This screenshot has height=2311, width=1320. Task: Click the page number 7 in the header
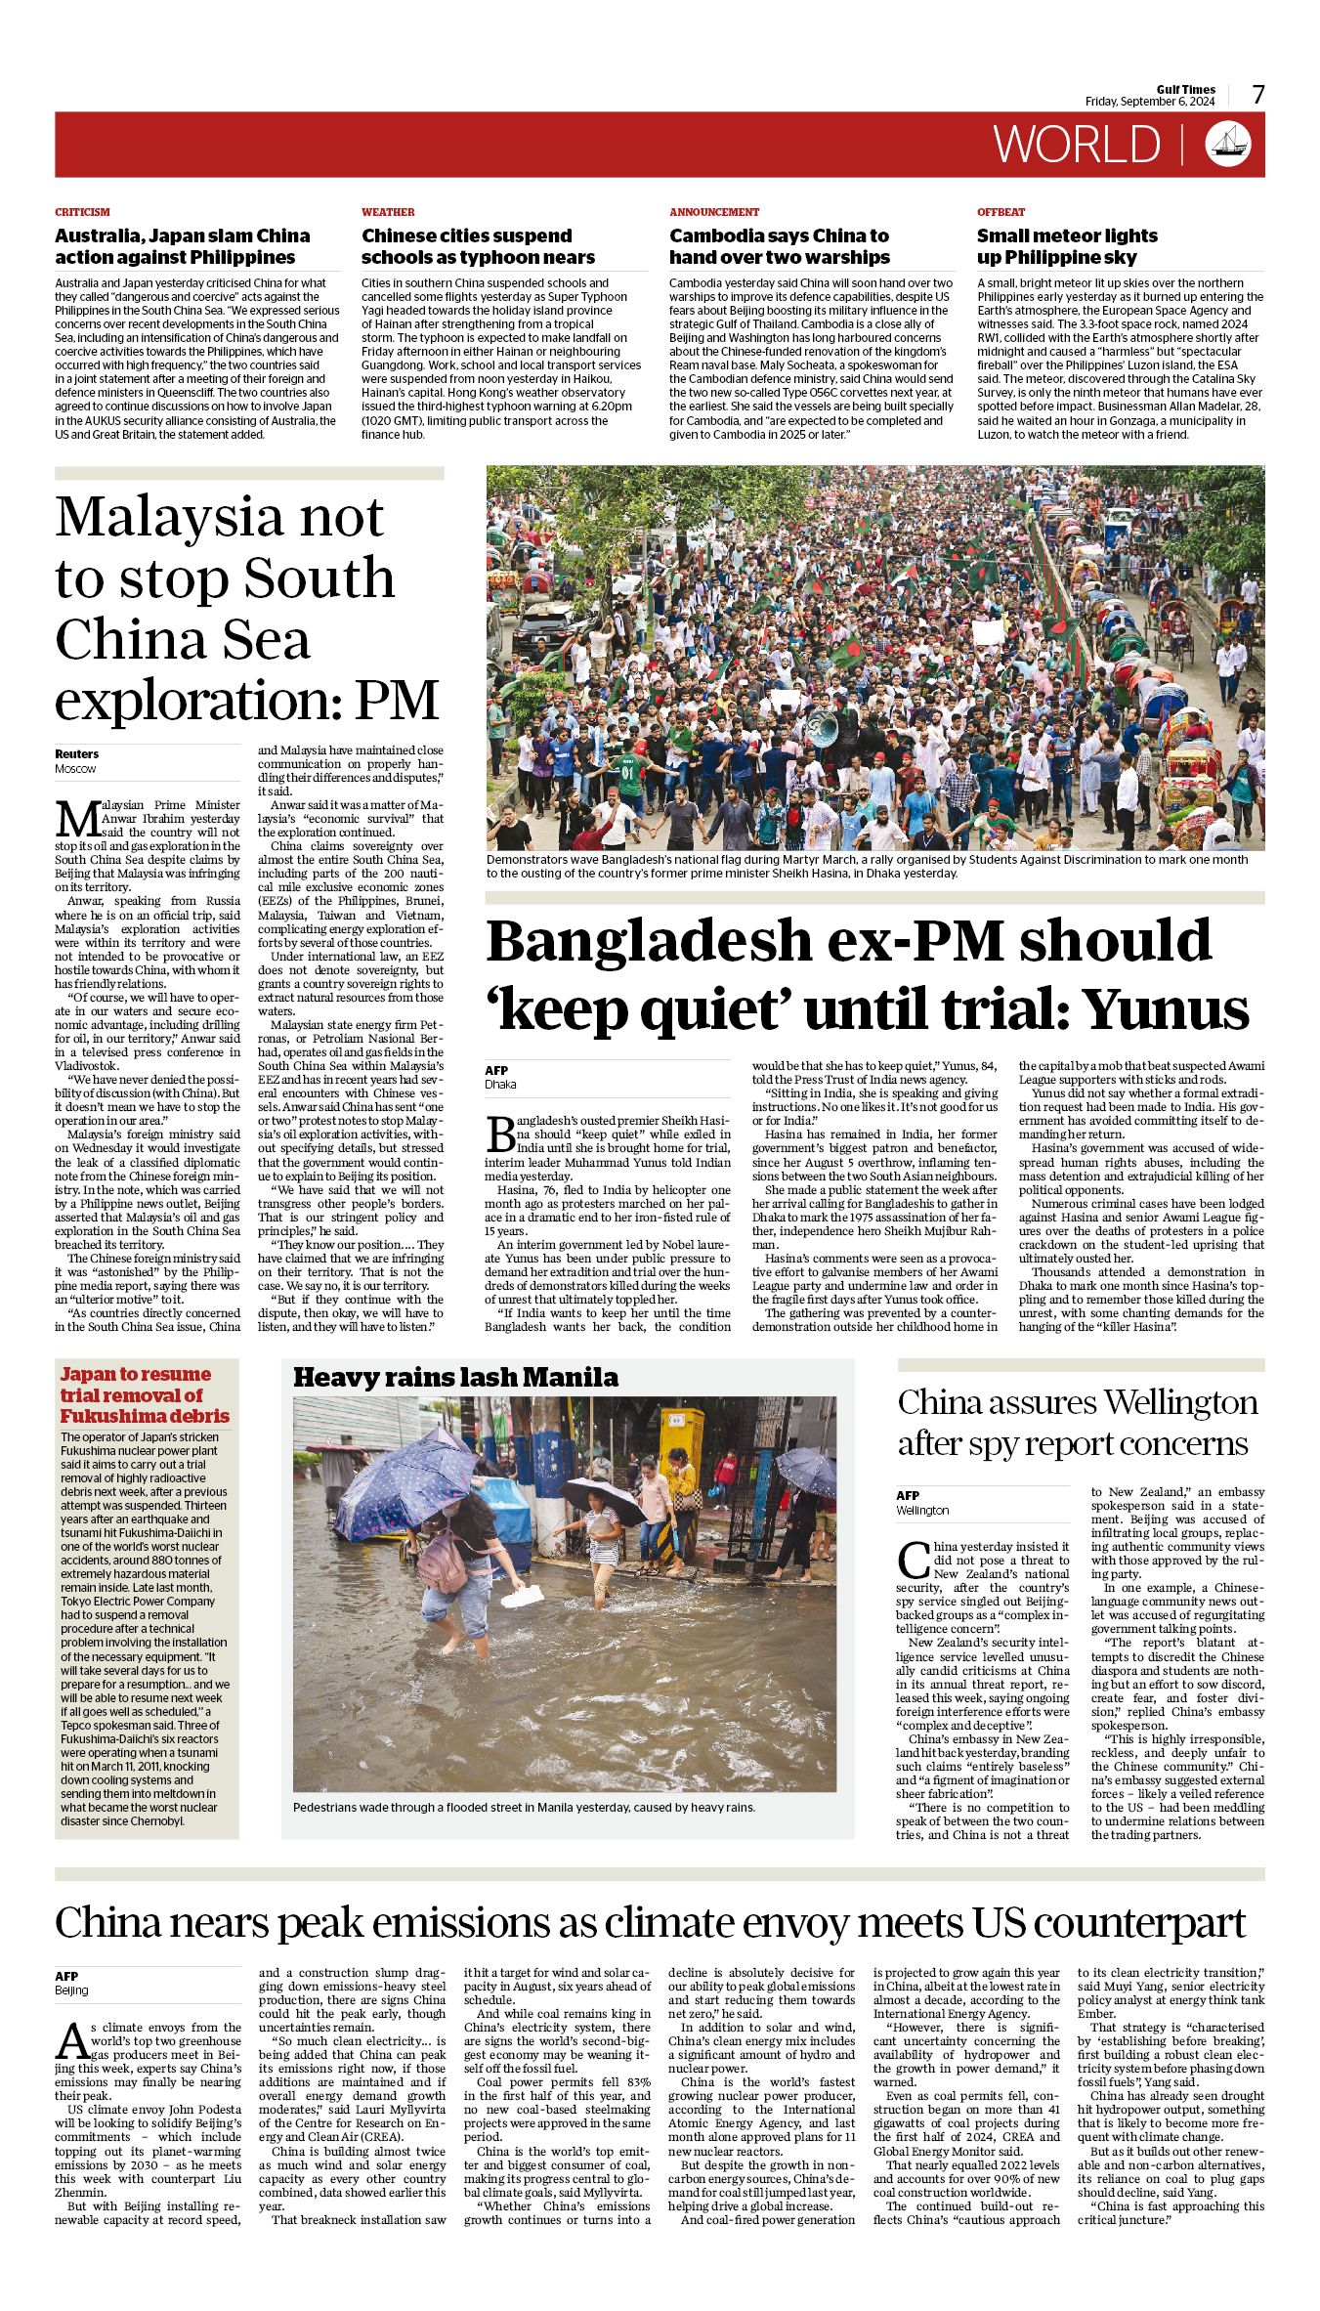[x=1258, y=95]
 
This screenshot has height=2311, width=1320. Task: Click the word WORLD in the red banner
[x=1077, y=145]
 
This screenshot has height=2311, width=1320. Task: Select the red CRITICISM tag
[x=82, y=212]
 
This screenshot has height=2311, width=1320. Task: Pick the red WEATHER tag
[x=388, y=212]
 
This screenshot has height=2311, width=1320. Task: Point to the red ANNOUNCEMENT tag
[x=714, y=212]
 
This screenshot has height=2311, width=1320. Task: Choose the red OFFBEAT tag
[x=1001, y=212]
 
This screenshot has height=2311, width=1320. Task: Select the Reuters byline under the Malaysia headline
[x=76, y=753]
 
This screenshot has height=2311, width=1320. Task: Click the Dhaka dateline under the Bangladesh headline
[x=500, y=1084]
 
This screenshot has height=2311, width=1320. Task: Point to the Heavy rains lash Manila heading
[x=455, y=1378]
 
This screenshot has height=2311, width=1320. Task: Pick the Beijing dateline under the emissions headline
[x=71, y=1990]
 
